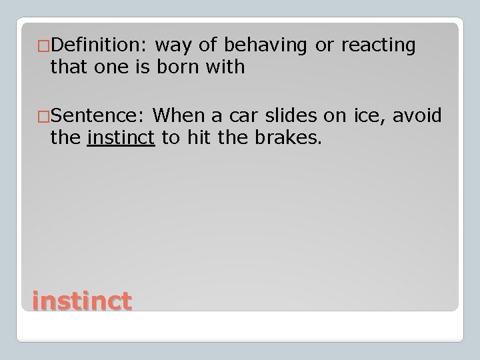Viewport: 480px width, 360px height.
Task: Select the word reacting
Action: point(379,45)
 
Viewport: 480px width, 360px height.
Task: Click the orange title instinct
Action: point(81,301)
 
